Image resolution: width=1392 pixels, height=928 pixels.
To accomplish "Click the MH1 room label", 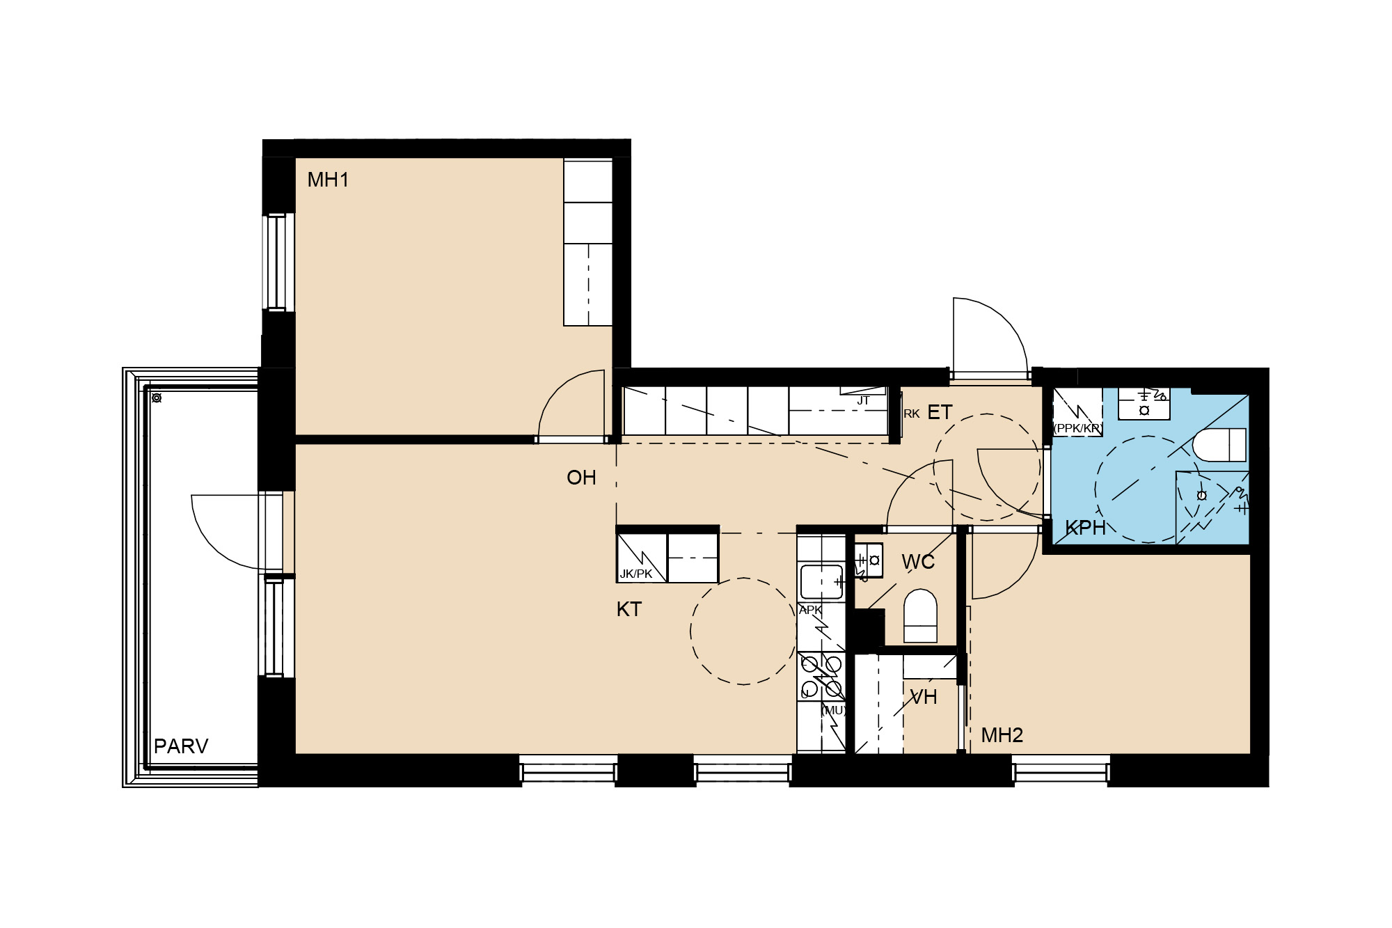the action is pos(328,180).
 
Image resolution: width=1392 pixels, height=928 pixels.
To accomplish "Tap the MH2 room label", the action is pos(1002,735).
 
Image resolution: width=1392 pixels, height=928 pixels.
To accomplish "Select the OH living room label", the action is pos(581,478).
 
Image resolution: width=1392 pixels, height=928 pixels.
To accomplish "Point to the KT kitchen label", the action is pos(628,610).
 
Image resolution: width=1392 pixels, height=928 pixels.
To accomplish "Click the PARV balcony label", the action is pos(181,746).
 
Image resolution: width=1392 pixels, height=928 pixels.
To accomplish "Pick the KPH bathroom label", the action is pos(1085,528).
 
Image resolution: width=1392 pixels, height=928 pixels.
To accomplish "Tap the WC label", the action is pos(918,562).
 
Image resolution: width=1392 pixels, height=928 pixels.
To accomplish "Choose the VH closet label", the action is pos(924,697).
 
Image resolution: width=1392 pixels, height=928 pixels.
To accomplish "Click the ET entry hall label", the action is pos(940,413).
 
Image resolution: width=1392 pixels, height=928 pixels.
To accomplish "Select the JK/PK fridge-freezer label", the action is pos(636,574).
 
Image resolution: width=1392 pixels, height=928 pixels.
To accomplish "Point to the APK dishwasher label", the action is pos(810,611).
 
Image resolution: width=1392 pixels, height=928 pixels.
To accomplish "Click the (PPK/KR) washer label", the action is pos(1077,428).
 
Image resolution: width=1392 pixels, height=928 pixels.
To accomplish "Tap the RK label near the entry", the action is pos(912,414).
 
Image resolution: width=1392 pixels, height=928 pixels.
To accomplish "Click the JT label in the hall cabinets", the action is pos(863,400).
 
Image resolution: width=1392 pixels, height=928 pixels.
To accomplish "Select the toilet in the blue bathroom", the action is pos(1219,445).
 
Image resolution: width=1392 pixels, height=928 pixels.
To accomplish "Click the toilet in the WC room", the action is pos(920,616).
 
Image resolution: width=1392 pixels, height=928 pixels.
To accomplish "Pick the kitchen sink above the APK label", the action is pos(821,582).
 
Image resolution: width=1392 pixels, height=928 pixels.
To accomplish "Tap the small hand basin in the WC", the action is pos(869,560).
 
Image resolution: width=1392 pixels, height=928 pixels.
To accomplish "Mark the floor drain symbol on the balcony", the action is pos(157,398).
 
